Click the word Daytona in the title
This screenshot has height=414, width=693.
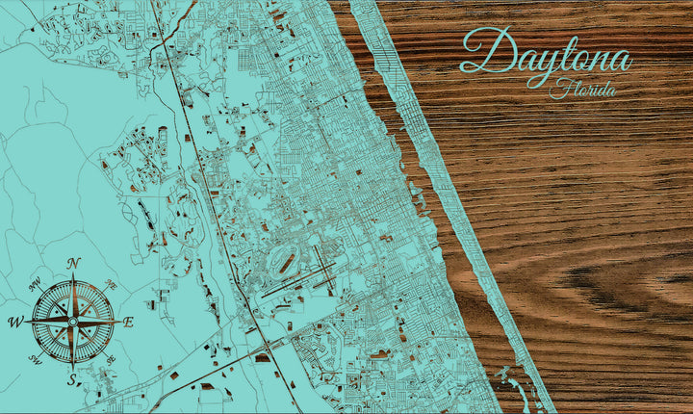545,54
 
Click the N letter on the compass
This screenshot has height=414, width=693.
74,264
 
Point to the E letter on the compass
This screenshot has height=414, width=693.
128,323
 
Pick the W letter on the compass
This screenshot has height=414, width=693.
16,322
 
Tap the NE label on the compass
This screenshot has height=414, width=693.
111,286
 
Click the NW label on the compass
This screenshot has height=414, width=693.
36,285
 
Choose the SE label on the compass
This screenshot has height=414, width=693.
110,359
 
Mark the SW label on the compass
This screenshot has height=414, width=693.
37,359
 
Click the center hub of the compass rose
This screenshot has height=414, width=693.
73,321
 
